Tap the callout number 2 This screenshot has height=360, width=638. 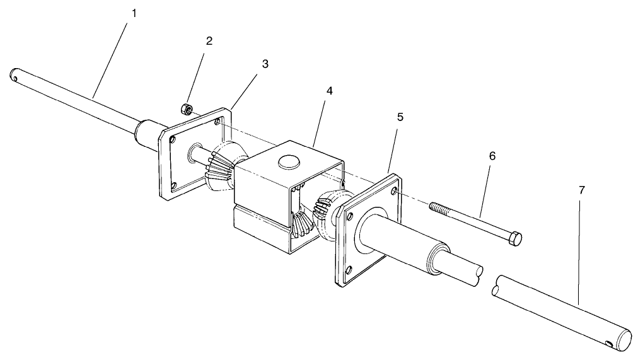[209, 42]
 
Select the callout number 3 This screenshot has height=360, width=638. [265, 64]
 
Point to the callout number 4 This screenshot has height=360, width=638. [329, 91]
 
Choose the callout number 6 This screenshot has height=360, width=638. [492, 156]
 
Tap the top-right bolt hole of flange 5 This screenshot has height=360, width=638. [394, 190]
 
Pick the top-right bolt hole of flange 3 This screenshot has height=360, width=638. [218, 122]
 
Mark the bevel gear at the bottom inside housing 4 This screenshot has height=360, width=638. [301, 223]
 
